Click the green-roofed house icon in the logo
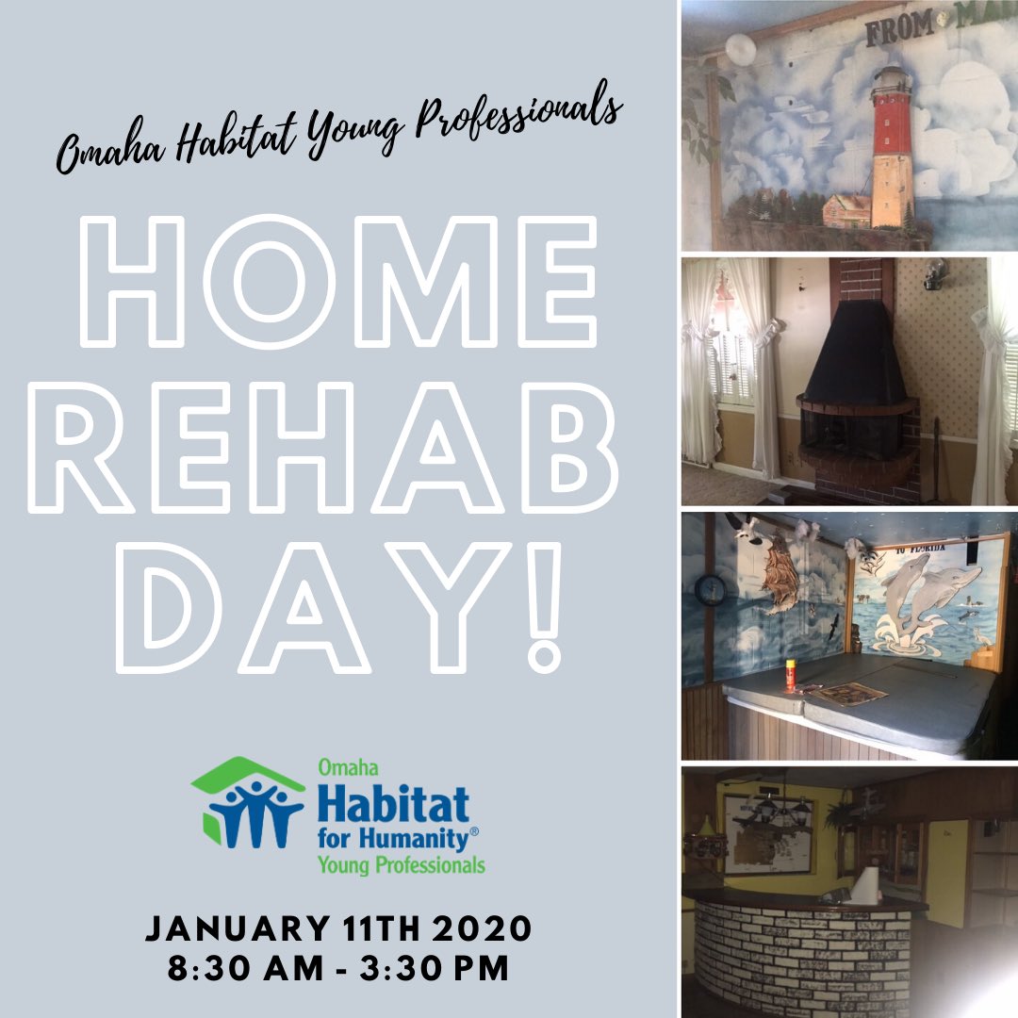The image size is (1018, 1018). coord(247,802)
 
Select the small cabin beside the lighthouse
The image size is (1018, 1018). coord(846,210)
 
